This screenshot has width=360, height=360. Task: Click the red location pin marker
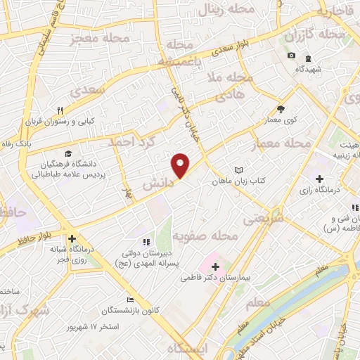pyautogui.click(x=181, y=164)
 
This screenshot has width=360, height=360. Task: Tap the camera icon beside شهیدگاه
pyautogui.click(x=291, y=56)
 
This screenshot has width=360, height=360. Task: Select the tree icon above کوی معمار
pyautogui.click(x=281, y=109)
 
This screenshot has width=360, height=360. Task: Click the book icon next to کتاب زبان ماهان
pyautogui.click(x=238, y=170)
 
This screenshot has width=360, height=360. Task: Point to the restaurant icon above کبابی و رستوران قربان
pyautogui.click(x=60, y=110)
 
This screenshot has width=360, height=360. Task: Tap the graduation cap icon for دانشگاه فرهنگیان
pyautogui.click(x=67, y=154)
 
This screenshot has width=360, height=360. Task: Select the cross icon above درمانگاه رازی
pyautogui.click(x=320, y=179)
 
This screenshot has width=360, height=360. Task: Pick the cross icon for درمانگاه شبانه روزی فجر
pyautogui.click(x=72, y=238)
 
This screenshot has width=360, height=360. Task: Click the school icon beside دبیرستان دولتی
pyautogui.click(x=146, y=242)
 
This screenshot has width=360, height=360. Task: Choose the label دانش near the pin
pyautogui.click(x=156, y=183)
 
